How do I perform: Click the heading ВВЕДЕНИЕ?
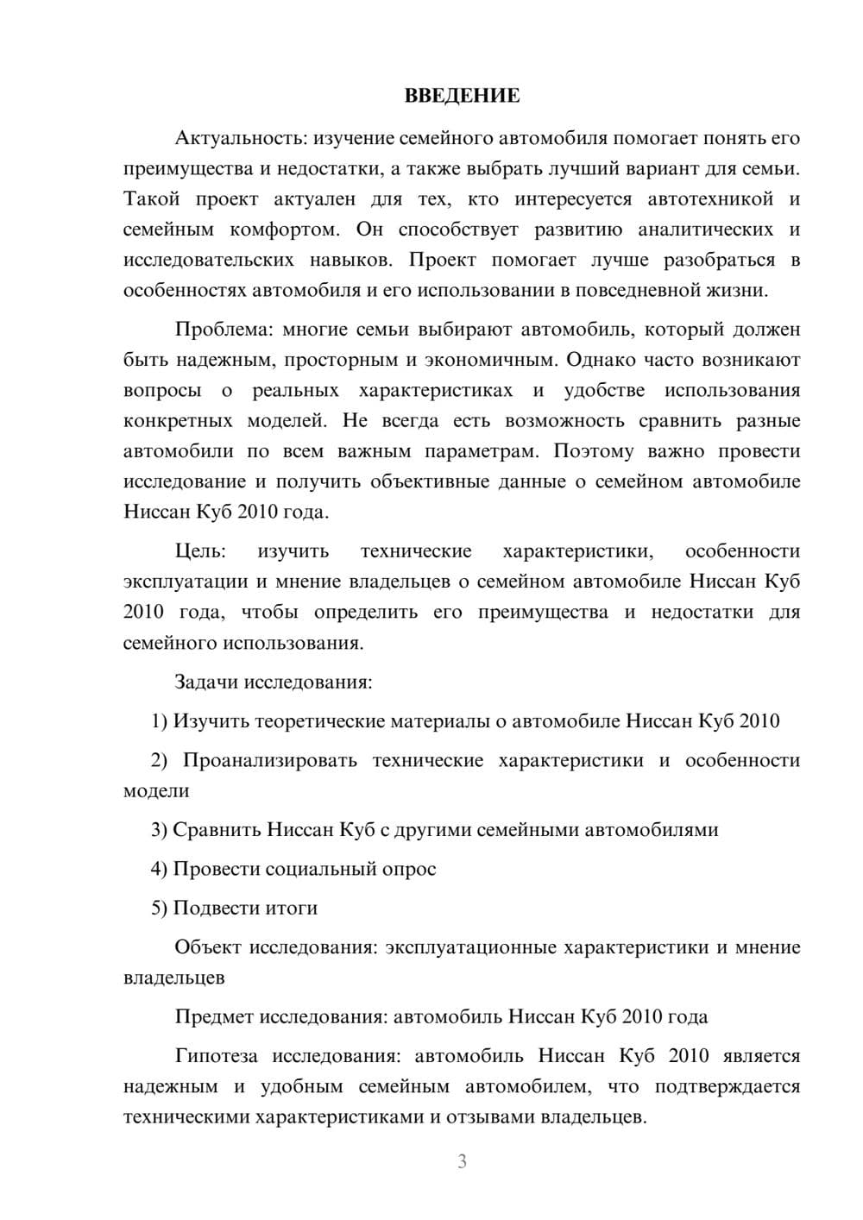click(462, 96)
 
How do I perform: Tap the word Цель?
click(199, 550)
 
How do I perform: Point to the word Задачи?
click(206, 682)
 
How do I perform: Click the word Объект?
click(208, 946)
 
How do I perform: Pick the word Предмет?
click(215, 1016)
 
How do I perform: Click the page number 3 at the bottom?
click(462, 1161)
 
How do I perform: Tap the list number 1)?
click(159, 720)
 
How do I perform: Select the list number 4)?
click(159, 869)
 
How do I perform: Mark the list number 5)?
click(159, 908)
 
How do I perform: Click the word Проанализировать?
click(269, 760)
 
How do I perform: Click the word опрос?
click(409, 869)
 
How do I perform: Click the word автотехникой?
click(710, 199)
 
